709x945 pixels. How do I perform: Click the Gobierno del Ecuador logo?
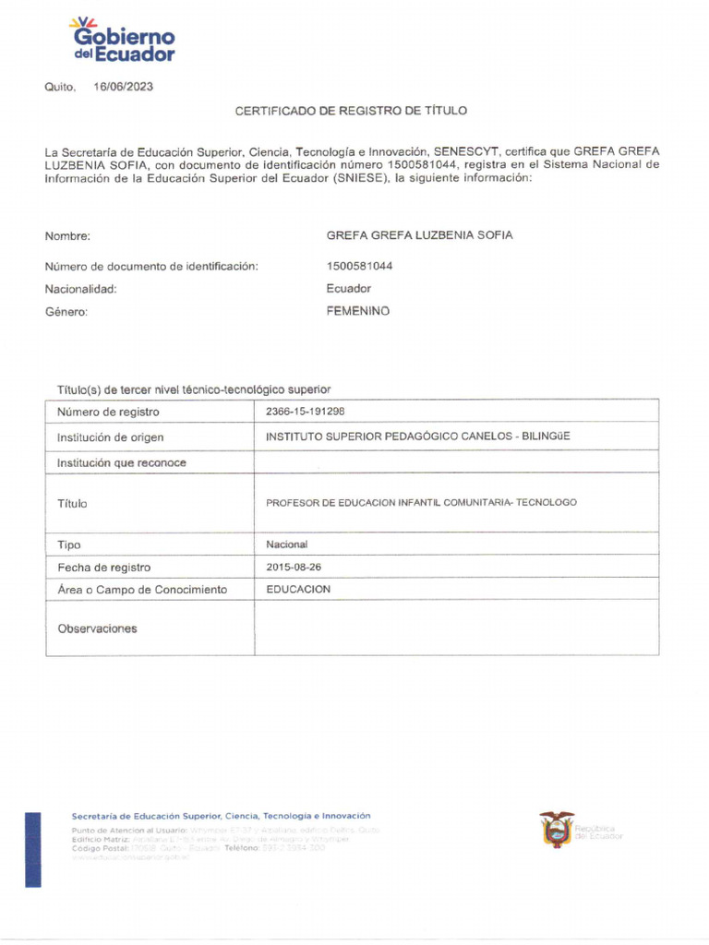tap(122, 41)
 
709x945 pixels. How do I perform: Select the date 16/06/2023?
tap(123, 87)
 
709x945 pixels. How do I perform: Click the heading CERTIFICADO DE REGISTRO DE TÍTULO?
tap(351, 111)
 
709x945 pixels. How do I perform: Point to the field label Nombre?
tap(67, 236)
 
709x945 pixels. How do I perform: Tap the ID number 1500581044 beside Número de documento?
tap(360, 266)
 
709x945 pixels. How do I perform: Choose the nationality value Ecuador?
tap(348, 289)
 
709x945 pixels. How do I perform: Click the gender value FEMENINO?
tap(358, 311)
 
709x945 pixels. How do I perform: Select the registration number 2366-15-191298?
tap(306, 412)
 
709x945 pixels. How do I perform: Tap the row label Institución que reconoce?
tap(121, 462)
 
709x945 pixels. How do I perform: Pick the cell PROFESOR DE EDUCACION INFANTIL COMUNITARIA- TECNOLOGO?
tap(421, 503)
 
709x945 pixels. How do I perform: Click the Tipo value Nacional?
tap(287, 544)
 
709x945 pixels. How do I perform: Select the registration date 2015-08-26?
tap(294, 567)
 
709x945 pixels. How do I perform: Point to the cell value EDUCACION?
tap(298, 589)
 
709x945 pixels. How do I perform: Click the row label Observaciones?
tap(97, 628)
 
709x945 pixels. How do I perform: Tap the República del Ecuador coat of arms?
tap(557, 830)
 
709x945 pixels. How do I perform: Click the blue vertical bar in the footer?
tap(33, 849)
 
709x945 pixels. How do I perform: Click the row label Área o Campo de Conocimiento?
tap(142, 590)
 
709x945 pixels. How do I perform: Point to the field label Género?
tap(66, 312)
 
